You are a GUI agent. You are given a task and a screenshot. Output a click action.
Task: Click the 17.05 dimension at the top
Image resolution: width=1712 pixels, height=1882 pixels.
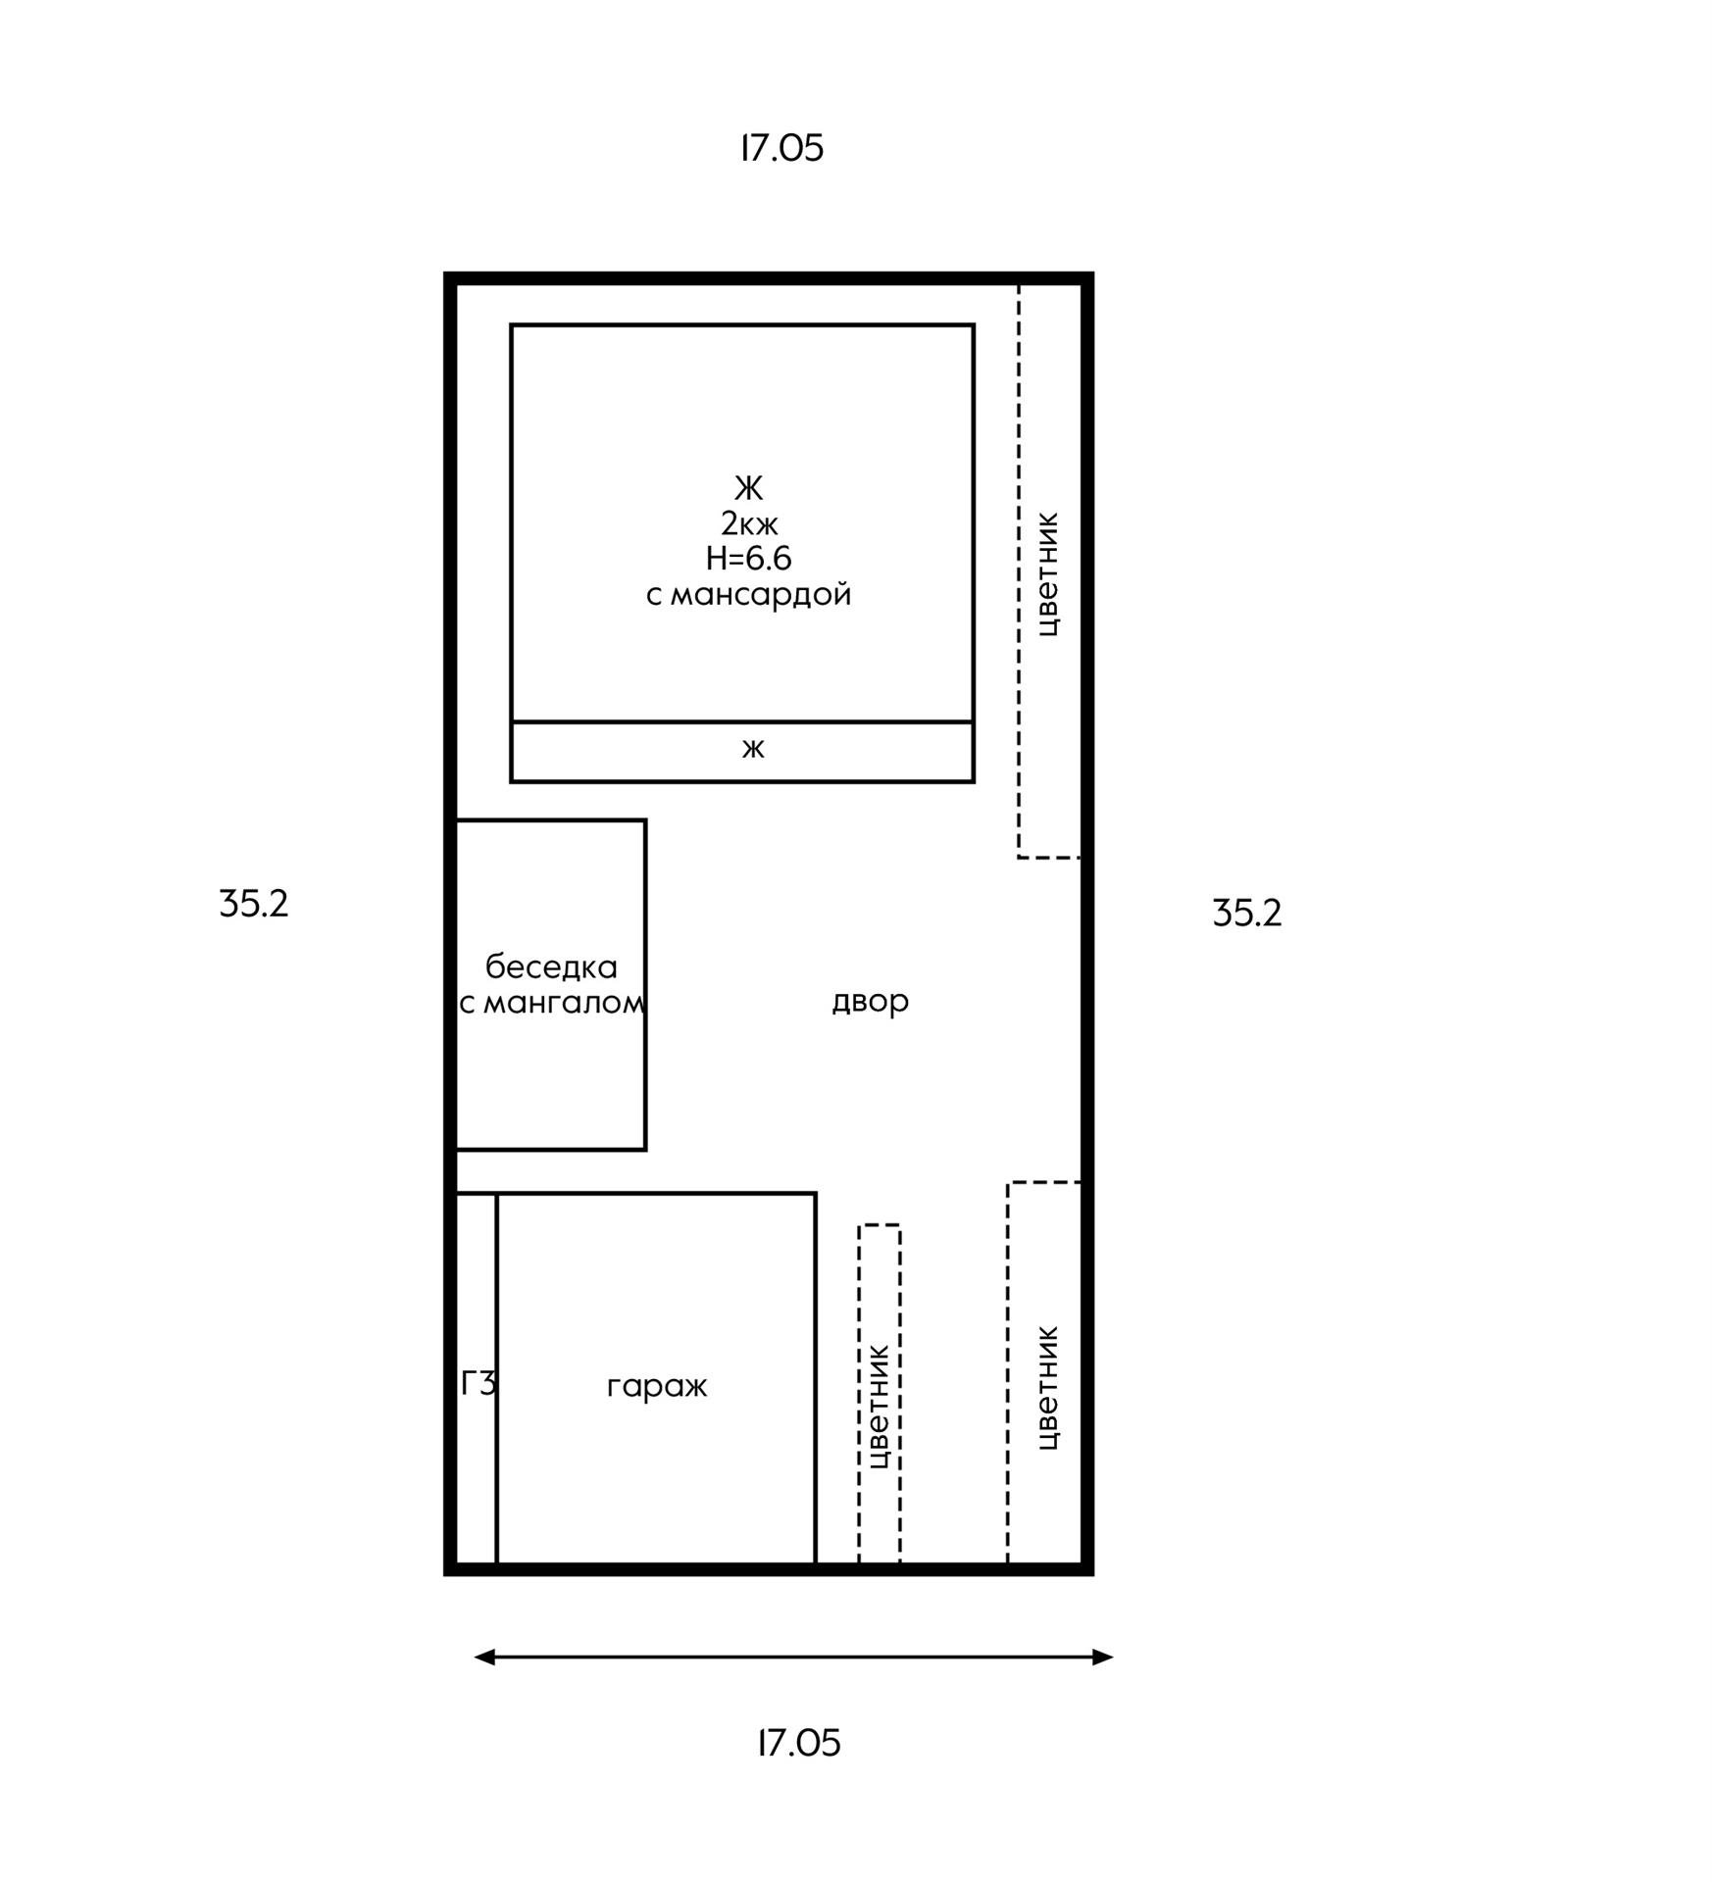coord(781,148)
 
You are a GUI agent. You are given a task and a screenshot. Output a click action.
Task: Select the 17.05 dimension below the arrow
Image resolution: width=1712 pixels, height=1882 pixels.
coord(799,1743)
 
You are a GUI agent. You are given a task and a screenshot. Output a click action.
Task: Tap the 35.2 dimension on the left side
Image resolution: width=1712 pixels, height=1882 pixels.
coord(254,904)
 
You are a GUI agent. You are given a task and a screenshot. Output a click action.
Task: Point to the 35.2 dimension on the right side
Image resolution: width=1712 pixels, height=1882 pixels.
coord(1246,913)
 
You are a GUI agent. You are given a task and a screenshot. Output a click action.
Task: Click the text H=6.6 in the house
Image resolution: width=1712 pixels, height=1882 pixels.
coord(748,558)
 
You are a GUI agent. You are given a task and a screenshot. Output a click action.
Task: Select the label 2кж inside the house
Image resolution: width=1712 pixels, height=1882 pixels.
coord(749,522)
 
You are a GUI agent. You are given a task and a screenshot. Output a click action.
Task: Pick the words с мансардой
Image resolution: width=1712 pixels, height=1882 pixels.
coord(748,594)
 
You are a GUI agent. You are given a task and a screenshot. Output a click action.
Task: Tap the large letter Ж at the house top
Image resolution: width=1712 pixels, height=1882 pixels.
coord(748,487)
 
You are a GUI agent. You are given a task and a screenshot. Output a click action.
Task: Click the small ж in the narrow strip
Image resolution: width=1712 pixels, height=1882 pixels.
coord(752,749)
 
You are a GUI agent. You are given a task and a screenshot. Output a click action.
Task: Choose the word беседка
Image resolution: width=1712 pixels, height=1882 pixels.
coord(551,967)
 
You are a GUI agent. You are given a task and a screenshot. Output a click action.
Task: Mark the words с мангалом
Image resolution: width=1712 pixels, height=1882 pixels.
coord(551,1003)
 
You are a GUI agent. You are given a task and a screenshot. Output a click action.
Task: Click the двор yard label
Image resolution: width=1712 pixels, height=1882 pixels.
coord(870,1001)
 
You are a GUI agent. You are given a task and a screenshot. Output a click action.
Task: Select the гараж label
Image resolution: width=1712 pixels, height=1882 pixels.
coord(656,1386)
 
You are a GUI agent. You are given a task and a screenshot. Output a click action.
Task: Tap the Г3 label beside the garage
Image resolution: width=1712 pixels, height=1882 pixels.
coord(478,1383)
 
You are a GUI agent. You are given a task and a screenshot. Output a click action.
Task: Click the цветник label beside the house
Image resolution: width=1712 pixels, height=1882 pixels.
coord(1047,574)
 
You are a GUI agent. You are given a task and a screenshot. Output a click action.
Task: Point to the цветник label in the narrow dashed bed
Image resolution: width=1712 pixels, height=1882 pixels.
coord(879,1407)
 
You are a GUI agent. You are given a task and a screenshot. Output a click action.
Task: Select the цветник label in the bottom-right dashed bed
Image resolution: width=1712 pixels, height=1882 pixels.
coord(1047,1388)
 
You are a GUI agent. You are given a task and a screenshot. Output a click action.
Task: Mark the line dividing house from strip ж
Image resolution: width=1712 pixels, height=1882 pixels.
coord(741,722)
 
